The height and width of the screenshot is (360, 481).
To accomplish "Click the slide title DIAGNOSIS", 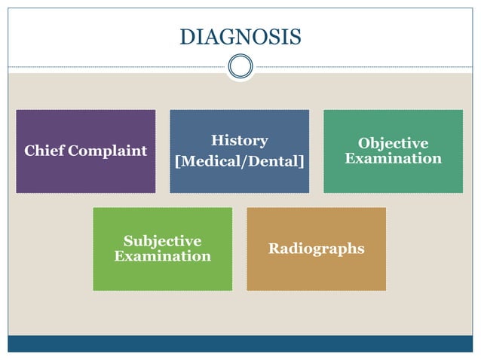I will point(240,36).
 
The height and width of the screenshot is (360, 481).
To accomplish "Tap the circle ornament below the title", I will point(240,66).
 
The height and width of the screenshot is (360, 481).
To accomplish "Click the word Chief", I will point(44,151).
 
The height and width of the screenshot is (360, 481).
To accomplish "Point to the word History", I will point(239,140).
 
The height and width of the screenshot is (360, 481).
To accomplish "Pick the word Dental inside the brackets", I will point(274,162).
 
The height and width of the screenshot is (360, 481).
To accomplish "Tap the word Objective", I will point(393,143).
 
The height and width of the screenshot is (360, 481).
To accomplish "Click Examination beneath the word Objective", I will point(393,158).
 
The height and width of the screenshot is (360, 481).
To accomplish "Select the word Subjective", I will point(162,241).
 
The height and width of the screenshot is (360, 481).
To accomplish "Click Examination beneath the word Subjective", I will point(162,256).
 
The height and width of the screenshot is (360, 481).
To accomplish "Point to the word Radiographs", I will point(316,249).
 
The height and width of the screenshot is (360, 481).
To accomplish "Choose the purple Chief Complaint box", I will point(85,177).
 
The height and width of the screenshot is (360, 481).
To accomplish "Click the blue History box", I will point(239,181).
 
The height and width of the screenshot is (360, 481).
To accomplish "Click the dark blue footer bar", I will point(240,343).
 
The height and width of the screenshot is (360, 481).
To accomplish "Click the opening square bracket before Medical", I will point(177,162).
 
